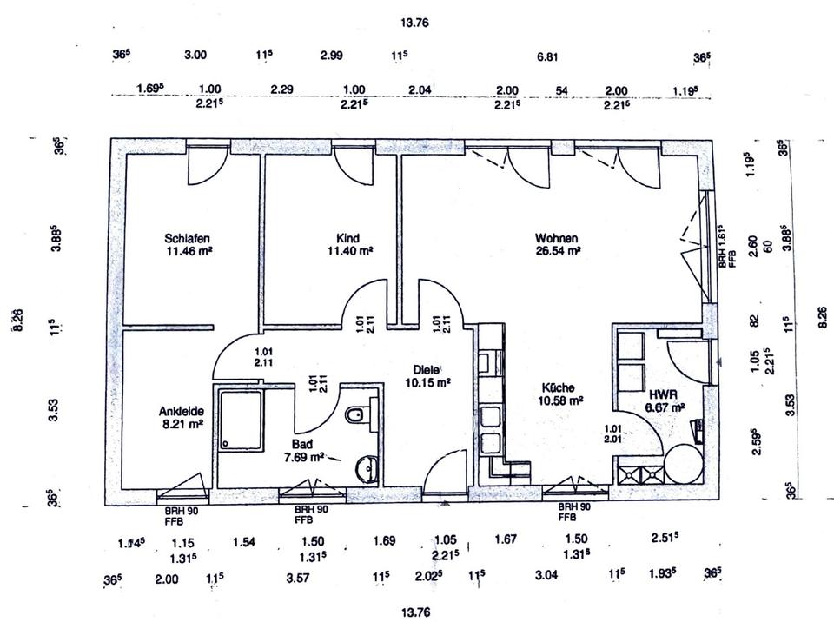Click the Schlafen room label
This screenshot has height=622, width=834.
point(189,238)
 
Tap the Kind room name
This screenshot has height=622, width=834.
point(347,238)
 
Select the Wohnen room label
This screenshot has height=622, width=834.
point(557,238)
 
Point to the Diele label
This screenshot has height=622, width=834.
point(427,367)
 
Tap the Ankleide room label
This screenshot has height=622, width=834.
point(181,411)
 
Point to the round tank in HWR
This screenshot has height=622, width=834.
point(682,464)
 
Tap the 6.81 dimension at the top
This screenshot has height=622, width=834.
point(547,56)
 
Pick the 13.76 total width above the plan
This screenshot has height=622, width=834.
point(416,23)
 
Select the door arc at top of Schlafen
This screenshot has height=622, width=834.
point(207,167)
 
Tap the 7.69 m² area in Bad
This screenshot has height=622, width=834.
point(304,455)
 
